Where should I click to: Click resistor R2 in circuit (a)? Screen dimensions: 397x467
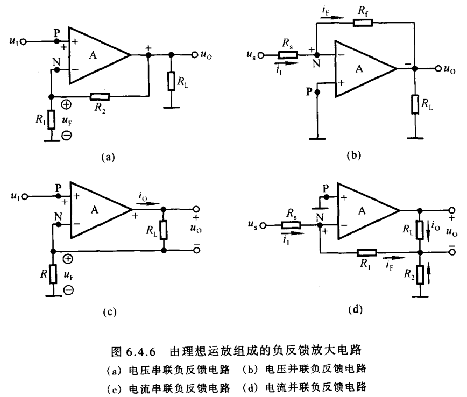click(100, 97)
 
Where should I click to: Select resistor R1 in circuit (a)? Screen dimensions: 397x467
click(51, 118)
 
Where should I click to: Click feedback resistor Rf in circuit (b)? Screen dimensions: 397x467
click(362, 23)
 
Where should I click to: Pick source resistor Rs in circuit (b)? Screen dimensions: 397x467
click(286, 54)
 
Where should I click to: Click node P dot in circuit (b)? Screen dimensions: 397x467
click(318, 92)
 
